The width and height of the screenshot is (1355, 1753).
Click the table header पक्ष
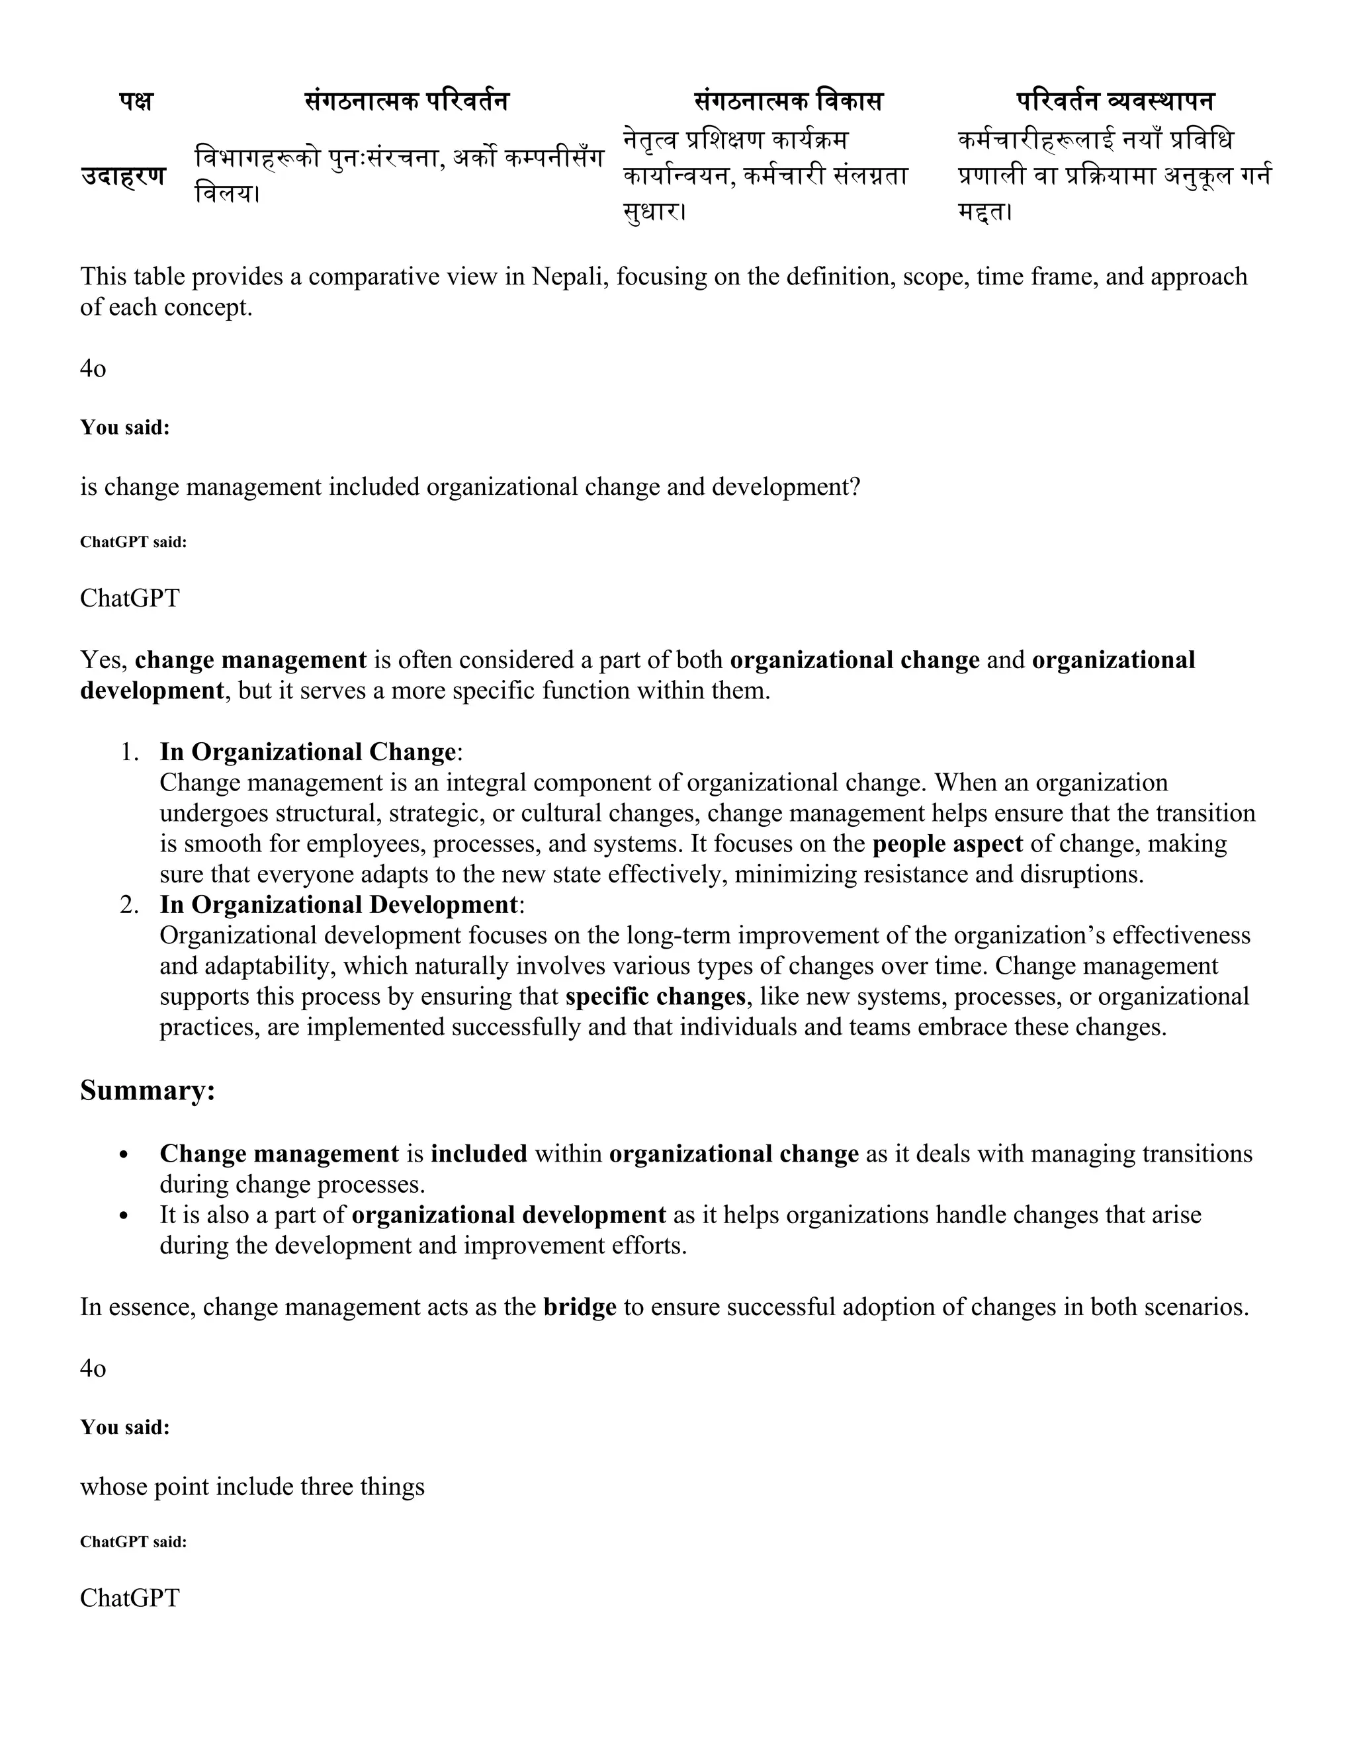(136, 102)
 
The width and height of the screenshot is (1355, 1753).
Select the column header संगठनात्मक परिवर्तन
(406, 101)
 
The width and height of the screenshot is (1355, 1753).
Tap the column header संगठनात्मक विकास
(787, 101)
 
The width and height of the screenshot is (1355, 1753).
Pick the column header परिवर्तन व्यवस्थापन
(1115, 101)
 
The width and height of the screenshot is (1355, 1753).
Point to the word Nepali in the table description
(568, 276)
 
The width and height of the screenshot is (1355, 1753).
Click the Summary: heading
(148, 1090)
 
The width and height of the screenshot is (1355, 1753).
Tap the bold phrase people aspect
(947, 843)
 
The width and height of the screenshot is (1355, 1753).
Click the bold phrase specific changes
(655, 996)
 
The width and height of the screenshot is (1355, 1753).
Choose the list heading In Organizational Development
(339, 904)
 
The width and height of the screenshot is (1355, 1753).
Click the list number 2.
(128, 904)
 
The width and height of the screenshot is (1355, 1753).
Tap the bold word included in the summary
(478, 1154)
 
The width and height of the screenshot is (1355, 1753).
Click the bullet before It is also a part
(124, 1216)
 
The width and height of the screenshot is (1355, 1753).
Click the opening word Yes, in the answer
(104, 660)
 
